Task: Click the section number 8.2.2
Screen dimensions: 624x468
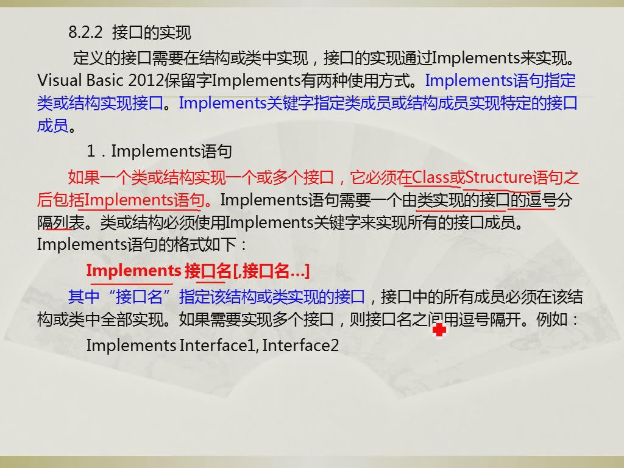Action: click(x=85, y=32)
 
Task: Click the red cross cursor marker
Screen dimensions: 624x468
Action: click(x=439, y=330)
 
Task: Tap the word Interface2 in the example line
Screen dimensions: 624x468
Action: click(x=300, y=346)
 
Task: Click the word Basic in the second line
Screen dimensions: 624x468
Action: click(x=105, y=80)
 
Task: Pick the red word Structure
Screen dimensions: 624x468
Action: click(x=498, y=177)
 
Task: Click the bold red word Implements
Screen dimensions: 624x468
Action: click(x=133, y=271)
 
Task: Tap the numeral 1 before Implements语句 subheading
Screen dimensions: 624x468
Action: click(x=91, y=151)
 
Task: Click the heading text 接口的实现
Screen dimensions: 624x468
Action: click(x=151, y=32)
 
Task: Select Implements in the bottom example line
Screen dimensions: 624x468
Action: click(x=131, y=346)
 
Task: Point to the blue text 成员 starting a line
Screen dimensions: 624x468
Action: click(x=52, y=126)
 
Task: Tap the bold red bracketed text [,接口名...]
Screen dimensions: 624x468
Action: click(x=271, y=271)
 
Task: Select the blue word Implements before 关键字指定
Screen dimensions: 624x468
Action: click(x=222, y=103)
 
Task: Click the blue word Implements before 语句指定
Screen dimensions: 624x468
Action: click(x=469, y=80)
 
